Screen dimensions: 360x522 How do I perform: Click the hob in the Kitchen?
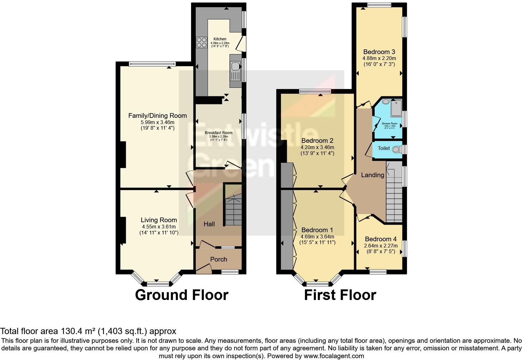pyautogui.click(x=201, y=42)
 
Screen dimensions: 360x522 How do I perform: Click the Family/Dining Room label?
pyautogui.click(x=158, y=116)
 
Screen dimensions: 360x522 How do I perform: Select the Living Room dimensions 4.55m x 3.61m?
pyautogui.click(x=159, y=227)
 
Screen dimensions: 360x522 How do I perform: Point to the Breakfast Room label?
pyautogui.click(x=219, y=133)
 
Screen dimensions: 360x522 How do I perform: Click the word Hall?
pyautogui.click(x=209, y=224)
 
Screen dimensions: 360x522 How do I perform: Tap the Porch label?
pyautogui.click(x=219, y=259)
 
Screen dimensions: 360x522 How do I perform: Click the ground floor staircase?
pyautogui.click(x=234, y=209)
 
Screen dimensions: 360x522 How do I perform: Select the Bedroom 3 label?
pyautogui.click(x=377, y=52)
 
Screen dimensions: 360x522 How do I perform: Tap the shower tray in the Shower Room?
pyautogui.click(x=396, y=108)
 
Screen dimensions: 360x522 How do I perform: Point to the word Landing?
pyautogui.click(x=372, y=175)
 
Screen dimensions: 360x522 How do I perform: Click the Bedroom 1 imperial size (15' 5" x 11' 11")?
pyautogui.click(x=317, y=242)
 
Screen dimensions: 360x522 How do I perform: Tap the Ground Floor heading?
pyautogui.click(x=182, y=295)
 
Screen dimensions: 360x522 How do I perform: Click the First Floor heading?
pyautogui.click(x=340, y=295)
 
